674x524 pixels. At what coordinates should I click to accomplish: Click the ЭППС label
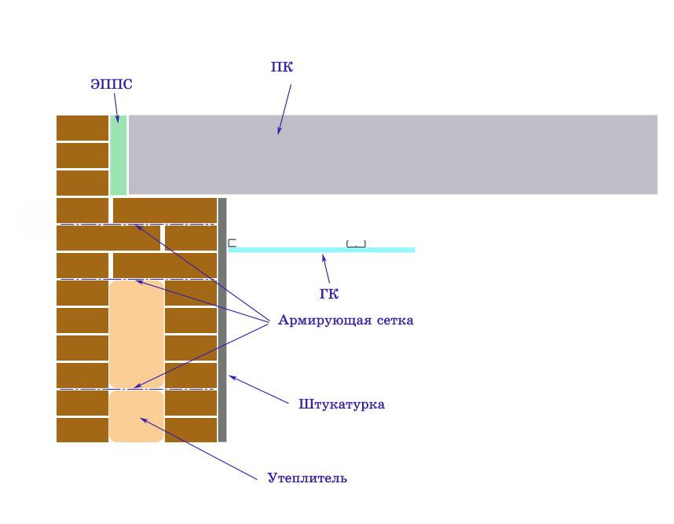point(112,84)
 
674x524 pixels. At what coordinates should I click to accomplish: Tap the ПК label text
point(282,67)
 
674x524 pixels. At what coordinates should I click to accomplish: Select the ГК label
point(329,294)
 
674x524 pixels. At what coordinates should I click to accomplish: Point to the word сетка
point(395,321)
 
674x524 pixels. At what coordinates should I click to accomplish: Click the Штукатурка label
point(342,405)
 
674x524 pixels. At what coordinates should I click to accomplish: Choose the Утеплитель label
point(307,478)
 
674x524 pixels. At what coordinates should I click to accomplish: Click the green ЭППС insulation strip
point(118,155)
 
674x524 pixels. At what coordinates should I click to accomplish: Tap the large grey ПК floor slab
point(393,155)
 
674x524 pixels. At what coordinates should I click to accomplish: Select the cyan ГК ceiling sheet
point(321,250)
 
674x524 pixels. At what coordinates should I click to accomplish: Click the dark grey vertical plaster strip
point(222,320)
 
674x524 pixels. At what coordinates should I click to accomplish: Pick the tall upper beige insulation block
point(137,334)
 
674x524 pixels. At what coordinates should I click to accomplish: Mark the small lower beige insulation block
point(137,416)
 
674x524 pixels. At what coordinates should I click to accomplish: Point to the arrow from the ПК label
point(284,109)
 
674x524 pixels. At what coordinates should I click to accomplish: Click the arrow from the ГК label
point(326,269)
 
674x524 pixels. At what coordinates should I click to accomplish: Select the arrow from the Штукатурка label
point(258,390)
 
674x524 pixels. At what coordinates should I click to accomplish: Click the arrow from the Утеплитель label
point(199,449)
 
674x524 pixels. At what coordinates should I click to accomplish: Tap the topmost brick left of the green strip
point(82,128)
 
